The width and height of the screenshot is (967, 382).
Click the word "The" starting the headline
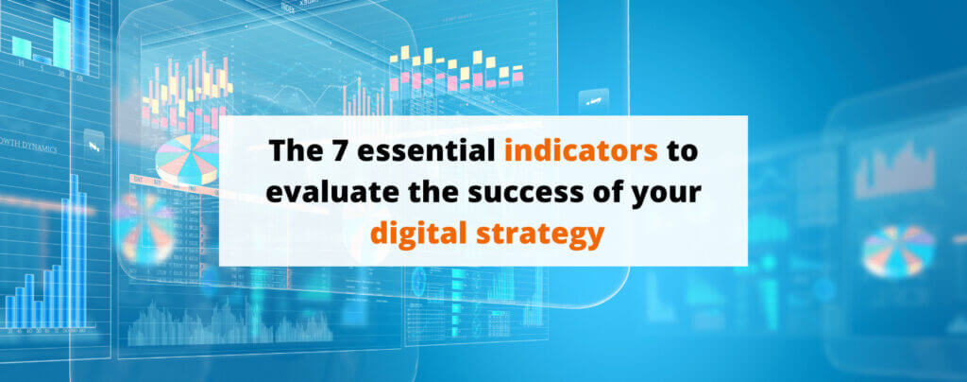tap(291, 151)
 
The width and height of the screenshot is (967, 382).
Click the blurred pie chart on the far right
tap(897, 249)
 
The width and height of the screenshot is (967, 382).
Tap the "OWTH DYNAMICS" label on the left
tap(29, 148)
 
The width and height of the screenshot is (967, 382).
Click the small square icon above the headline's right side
tap(594, 100)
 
